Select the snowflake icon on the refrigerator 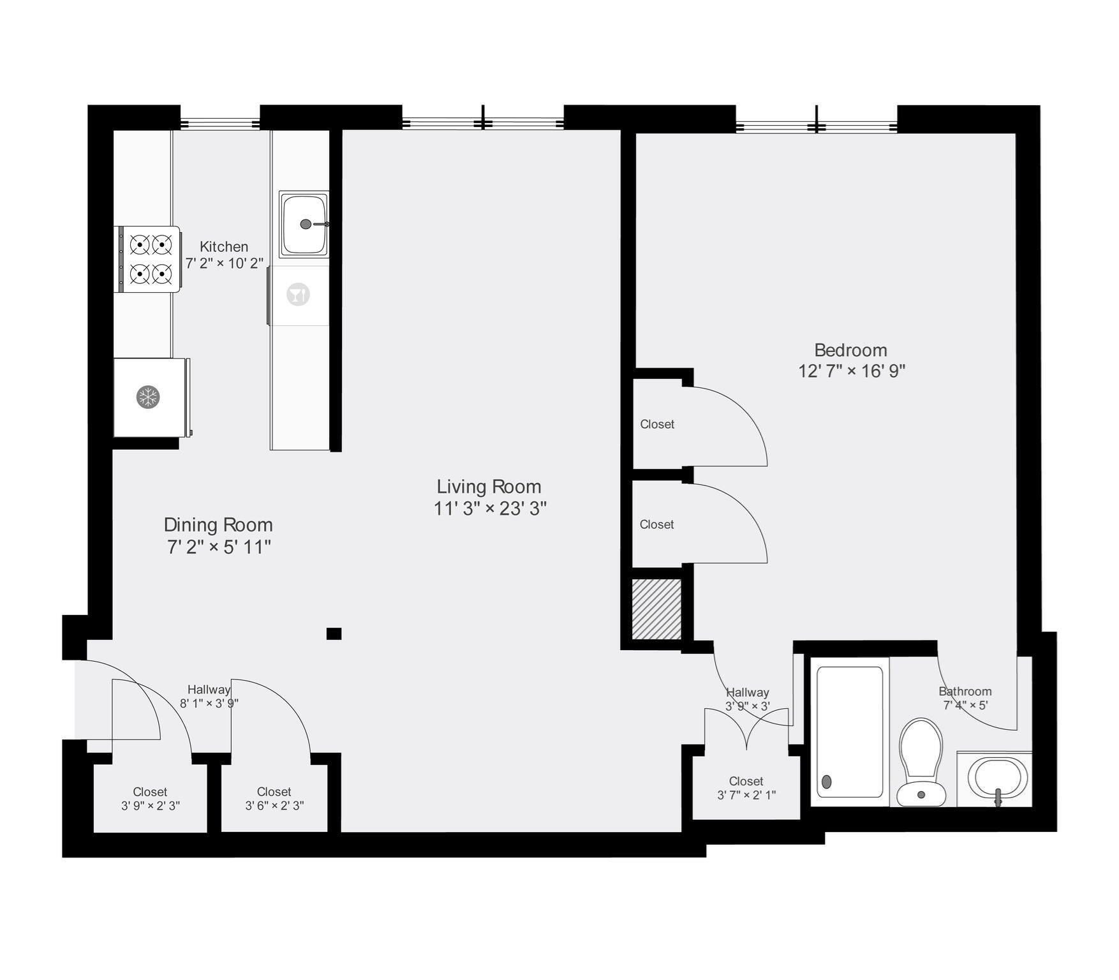tap(148, 397)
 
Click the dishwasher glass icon tap(298, 295)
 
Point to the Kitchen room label tap(224, 247)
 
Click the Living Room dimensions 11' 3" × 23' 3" tap(490, 509)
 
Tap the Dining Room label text tap(218, 525)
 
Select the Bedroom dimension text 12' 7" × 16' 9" tap(852, 371)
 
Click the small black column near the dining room tap(334, 634)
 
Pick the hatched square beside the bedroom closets tap(656, 609)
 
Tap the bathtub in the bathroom tap(850, 731)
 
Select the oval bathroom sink tap(997, 778)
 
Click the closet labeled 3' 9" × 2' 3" tap(151, 799)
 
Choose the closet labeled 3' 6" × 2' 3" tap(274, 799)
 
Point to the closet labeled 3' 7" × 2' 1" tap(746, 788)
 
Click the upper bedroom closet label tap(657, 424)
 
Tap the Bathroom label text tap(965, 692)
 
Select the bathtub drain tap(827, 782)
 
